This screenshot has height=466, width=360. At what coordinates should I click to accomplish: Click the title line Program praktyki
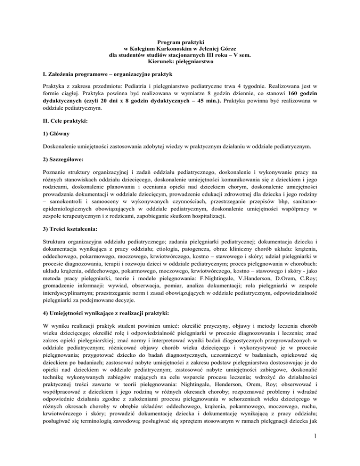pos(180,43)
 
